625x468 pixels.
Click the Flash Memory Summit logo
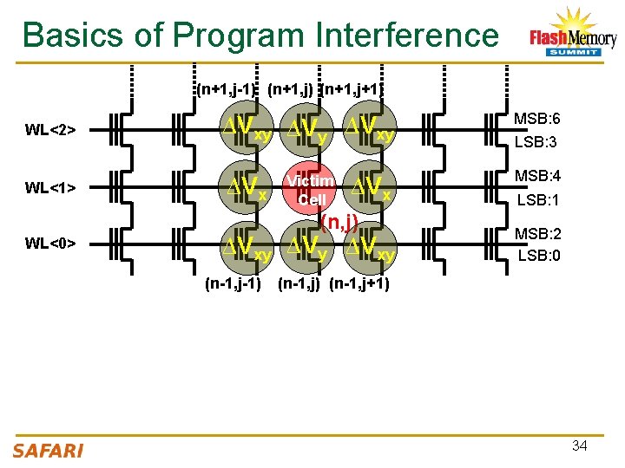click(572, 35)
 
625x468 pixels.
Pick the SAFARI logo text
click(49, 450)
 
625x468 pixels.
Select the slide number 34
click(579, 445)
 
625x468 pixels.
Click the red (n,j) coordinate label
click(340, 223)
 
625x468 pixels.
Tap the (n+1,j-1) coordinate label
click(227, 89)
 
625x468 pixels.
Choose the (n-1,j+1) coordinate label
click(359, 283)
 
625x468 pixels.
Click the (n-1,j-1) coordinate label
click(232, 283)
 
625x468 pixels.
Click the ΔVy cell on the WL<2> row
click(308, 131)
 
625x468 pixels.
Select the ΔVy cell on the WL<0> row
click(308, 246)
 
